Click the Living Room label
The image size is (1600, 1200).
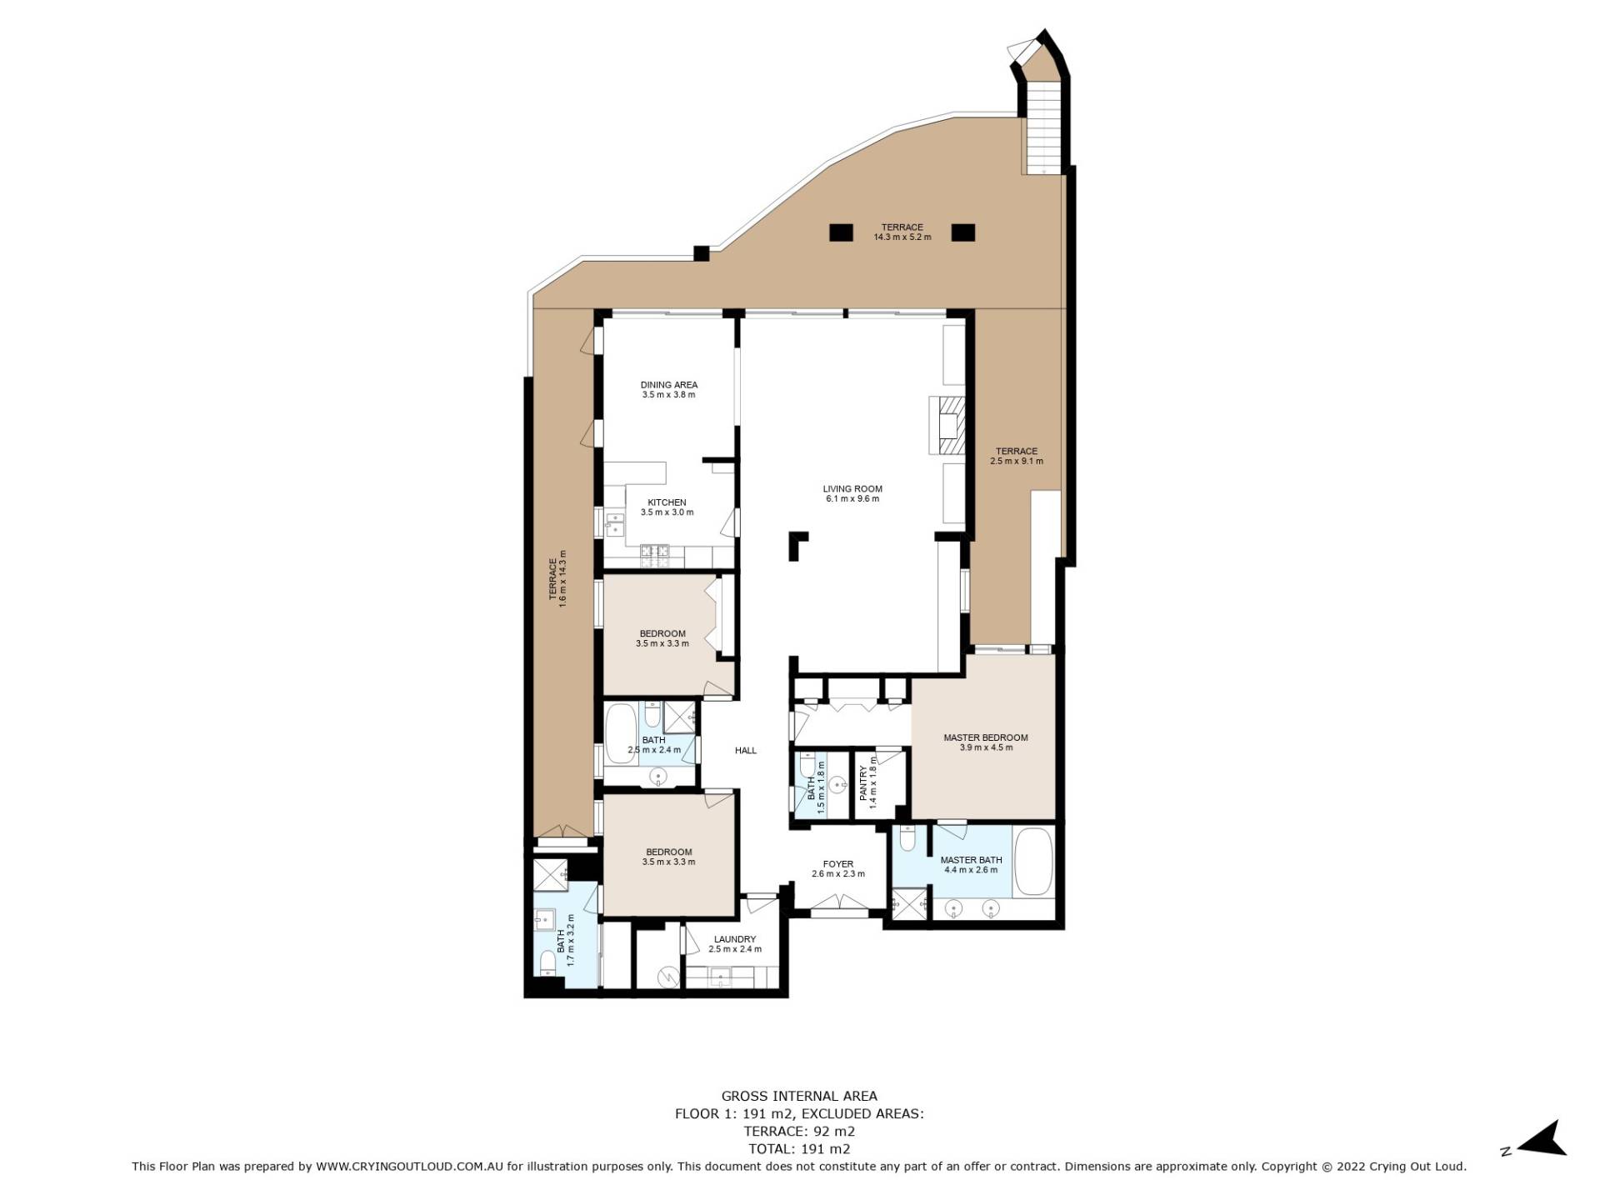click(852, 489)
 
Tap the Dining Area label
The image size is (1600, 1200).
click(669, 385)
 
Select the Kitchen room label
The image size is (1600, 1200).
click(667, 502)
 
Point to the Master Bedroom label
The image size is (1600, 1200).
click(986, 737)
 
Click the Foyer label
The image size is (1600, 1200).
click(838, 864)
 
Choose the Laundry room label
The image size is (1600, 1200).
click(735, 939)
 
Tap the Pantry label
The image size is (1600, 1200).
click(864, 783)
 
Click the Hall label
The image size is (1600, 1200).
click(746, 751)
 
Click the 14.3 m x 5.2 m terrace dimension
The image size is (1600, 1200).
click(902, 237)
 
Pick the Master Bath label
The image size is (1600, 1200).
click(972, 860)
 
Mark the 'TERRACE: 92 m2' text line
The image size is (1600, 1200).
click(799, 1132)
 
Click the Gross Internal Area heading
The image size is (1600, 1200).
click(799, 1097)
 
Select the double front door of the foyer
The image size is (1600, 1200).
click(838, 902)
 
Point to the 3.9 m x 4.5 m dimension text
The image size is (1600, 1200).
click(986, 747)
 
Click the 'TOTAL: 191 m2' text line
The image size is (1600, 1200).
click(799, 1149)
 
